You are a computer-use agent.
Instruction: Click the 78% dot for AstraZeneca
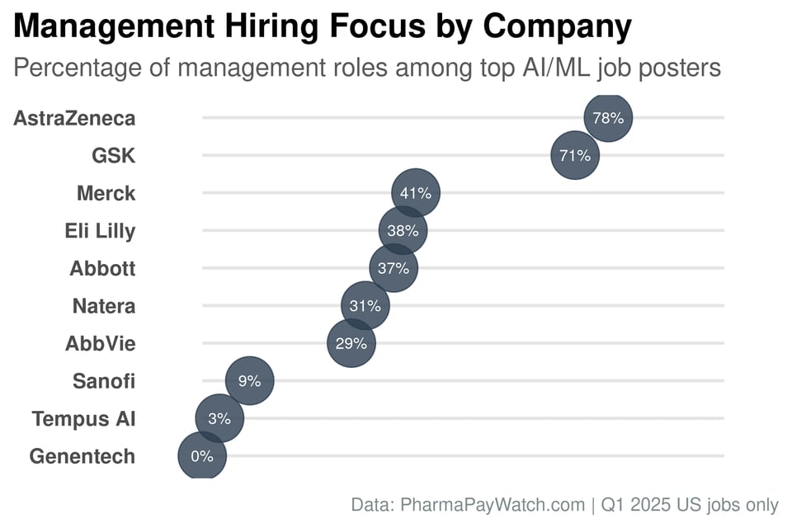(x=608, y=118)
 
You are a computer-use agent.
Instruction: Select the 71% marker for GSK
(x=575, y=155)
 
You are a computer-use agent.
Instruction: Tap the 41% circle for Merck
(x=416, y=193)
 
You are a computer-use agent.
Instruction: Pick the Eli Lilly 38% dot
(x=403, y=231)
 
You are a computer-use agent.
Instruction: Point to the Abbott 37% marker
(x=394, y=268)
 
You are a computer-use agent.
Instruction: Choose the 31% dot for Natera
(x=365, y=306)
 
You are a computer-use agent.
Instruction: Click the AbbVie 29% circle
(x=351, y=343)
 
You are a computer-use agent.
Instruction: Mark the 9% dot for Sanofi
(x=249, y=381)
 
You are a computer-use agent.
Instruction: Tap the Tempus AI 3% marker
(x=219, y=418)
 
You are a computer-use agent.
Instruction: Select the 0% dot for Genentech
(x=202, y=455)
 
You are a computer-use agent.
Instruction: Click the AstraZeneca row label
(x=74, y=118)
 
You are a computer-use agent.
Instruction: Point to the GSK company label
(x=113, y=155)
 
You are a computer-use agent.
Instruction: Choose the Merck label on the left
(x=106, y=193)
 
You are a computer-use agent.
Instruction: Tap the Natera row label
(x=104, y=306)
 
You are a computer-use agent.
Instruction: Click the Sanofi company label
(x=104, y=381)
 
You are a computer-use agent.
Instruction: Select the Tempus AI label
(x=83, y=418)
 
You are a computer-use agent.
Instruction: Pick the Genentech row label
(x=82, y=455)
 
